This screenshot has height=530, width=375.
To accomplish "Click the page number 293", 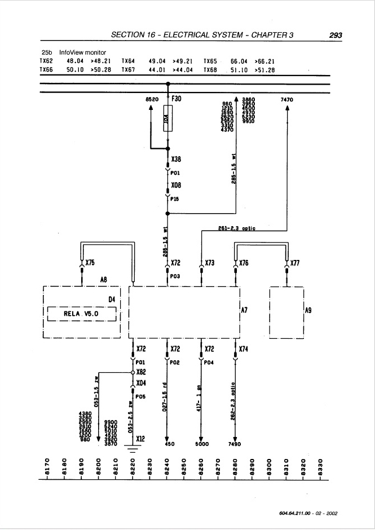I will pyautogui.click(x=335, y=35).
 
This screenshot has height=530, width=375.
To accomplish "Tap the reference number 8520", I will pyautogui.click(x=152, y=99).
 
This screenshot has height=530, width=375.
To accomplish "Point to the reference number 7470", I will pyautogui.click(x=287, y=99).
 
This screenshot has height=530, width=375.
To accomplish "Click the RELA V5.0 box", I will pyautogui.click(x=82, y=313).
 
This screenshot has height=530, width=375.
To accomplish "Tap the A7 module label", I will pyautogui.click(x=244, y=310).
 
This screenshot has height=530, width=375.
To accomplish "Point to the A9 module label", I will pyautogui.click(x=308, y=310).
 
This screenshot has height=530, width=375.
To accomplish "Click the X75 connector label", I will pyautogui.click(x=90, y=262).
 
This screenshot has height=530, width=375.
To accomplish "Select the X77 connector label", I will pyautogui.click(x=295, y=262).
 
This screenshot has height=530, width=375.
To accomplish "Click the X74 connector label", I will pyautogui.click(x=243, y=350).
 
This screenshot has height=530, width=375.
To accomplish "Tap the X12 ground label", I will pyautogui.click(x=140, y=438).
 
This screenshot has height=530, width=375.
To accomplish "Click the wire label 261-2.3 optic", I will pyautogui.click(x=236, y=228).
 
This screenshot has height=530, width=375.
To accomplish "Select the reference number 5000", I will pyautogui.click(x=202, y=444).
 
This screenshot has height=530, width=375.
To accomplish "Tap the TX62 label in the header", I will pyautogui.click(x=46, y=61).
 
